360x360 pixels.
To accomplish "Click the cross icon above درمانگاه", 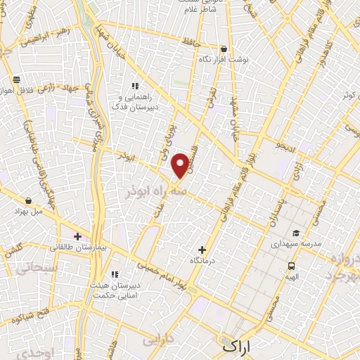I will (202, 249).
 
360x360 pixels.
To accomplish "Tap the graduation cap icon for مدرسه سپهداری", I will (296, 233).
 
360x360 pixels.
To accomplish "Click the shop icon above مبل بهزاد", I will (28, 200).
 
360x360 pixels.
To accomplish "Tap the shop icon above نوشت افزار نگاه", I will (224, 49).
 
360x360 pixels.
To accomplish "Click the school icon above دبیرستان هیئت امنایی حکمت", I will (115, 275).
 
